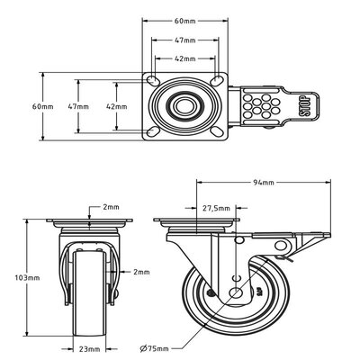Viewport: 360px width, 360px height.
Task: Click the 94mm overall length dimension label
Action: click(265, 182)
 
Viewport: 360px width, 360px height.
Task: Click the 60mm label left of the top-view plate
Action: click(42, 106)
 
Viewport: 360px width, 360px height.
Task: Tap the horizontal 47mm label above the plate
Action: click(184, 40)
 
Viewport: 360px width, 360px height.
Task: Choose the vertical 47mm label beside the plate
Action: click(78, 106)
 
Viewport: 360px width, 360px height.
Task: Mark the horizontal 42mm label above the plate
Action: click(184, 60)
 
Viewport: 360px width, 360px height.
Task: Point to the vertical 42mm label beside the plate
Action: click(116, 106)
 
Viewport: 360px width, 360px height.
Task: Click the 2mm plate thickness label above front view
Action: click(112, 206)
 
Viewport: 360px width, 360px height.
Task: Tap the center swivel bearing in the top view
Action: click(184, 105)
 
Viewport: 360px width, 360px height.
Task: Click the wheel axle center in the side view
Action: click(235, 293)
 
